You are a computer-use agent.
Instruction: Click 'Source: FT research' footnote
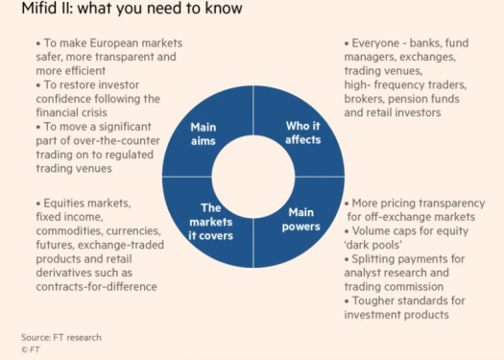pyautogui.click(x=60, y=337)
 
